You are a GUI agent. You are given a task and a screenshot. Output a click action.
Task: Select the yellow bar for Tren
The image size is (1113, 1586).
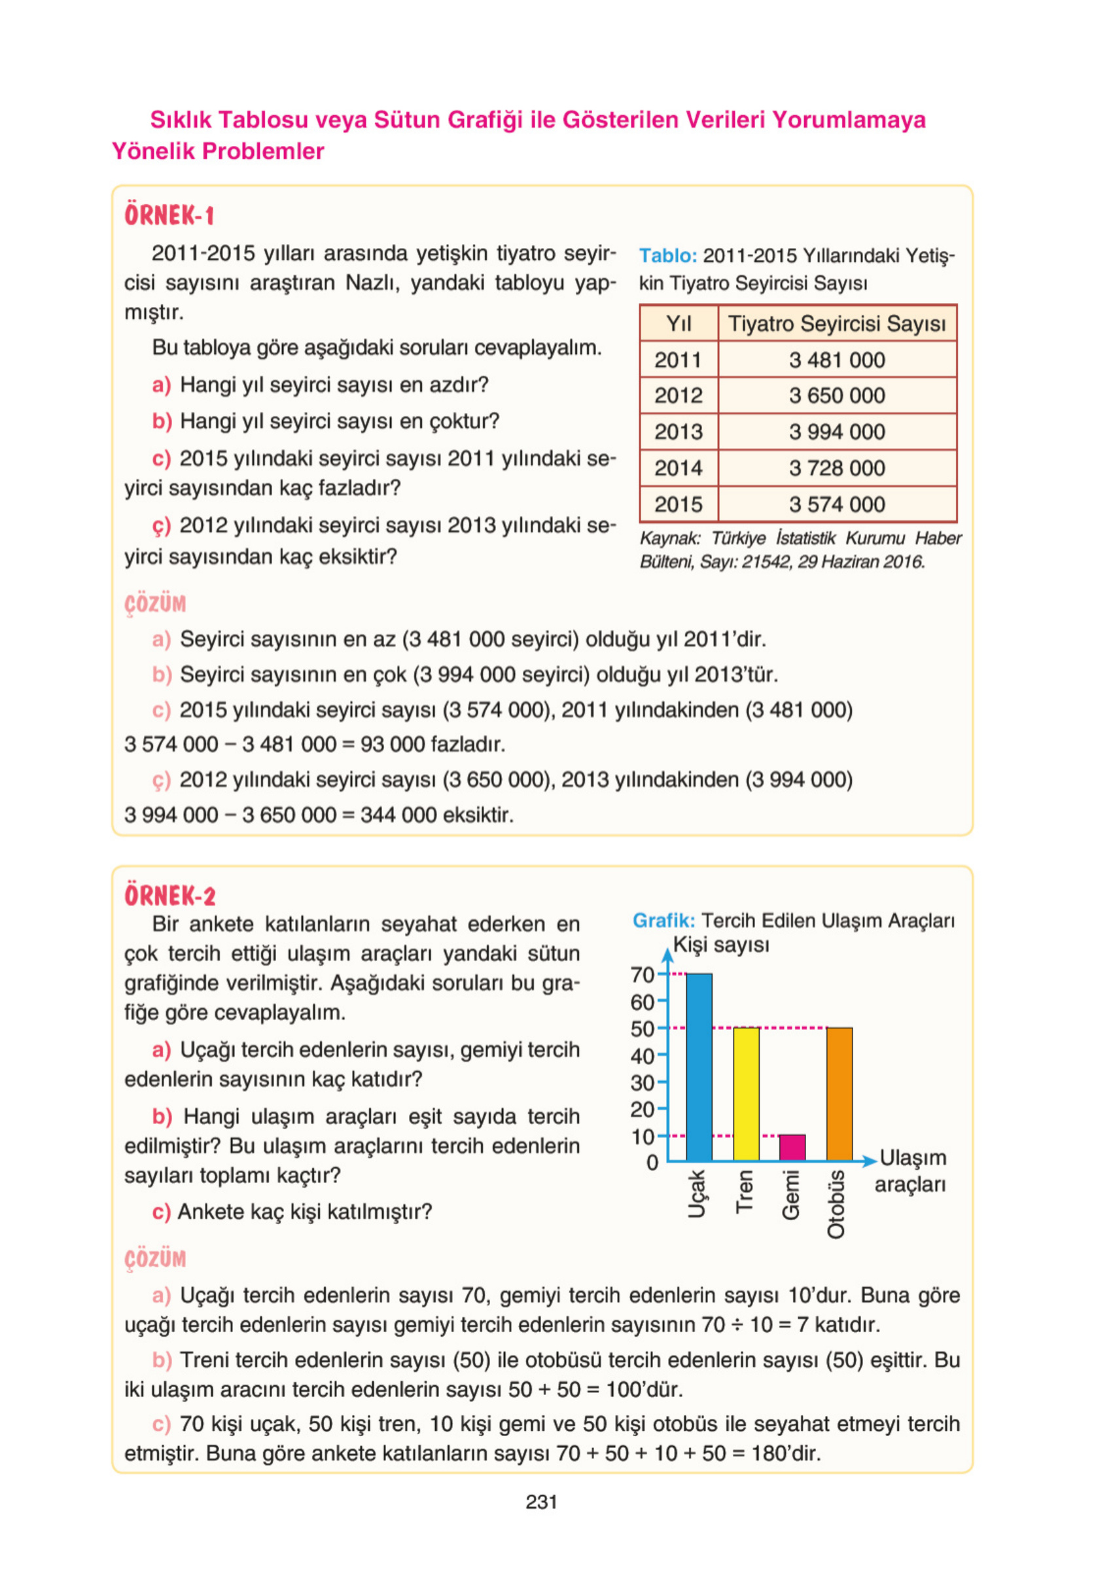(745, 1093)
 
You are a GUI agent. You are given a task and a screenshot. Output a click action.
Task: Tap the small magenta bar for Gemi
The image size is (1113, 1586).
(792, 1148)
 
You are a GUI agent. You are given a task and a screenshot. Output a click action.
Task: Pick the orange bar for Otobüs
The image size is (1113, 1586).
(839, 1093)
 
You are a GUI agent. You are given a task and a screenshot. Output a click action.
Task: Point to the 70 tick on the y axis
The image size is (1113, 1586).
(642, 975)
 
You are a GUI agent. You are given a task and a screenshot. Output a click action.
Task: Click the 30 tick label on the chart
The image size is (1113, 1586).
(642, 1082)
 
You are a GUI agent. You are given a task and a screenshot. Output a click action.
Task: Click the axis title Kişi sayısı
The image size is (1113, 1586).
(720, 945)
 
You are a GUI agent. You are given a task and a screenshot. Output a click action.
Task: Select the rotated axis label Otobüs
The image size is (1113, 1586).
(836, 1204)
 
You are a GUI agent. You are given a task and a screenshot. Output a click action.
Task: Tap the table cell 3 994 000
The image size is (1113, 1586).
(837, 432)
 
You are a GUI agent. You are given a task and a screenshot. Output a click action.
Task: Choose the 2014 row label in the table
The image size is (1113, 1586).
(678, 468)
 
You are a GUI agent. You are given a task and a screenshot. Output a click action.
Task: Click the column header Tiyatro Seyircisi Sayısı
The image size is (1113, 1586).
(837, 323)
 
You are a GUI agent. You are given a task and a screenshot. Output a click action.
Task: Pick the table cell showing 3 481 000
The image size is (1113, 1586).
(837, 360)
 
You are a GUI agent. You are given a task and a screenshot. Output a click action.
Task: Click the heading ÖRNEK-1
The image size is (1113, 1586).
(169, 215)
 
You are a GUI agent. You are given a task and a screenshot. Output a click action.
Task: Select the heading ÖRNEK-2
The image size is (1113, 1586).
(170, 896)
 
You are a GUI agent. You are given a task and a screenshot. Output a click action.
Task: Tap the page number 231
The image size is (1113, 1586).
(541, 1502)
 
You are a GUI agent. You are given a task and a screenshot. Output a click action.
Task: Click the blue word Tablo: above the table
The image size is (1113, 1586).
(667, 256)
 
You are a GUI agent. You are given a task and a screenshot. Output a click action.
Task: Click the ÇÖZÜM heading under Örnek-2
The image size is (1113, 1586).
(156, 1259)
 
